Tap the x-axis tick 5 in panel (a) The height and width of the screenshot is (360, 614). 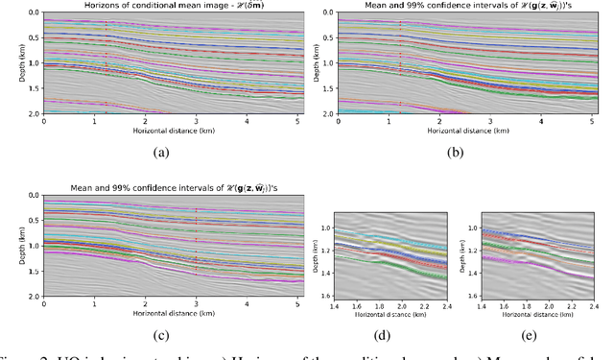click(296, 121)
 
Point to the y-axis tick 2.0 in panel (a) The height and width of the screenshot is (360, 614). click(33, 114)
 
